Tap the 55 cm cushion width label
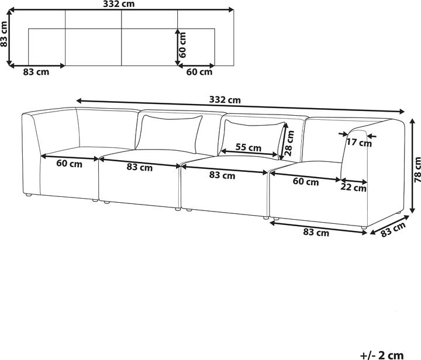[249, 147]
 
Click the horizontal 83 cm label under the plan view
[36, 72]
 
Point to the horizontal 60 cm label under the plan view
[199, 72]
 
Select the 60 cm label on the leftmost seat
[70, 163]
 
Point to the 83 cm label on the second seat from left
[140, 168]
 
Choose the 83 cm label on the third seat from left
[222, 175]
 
